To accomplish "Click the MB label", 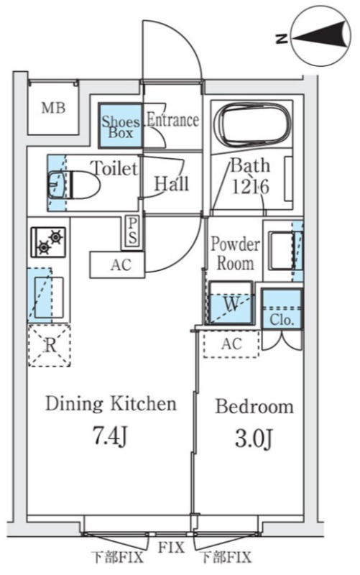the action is pyautogui.click(x=53, y=109).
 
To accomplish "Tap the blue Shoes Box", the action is pyautogui.click(x=120, y=126).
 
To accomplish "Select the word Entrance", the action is pyautogui.click(x=172, y=120).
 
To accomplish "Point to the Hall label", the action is pyautogui.click(x=171, y=183).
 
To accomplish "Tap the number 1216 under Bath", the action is pyautogui.click(x=250, y=186).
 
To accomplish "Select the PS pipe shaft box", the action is pyautogui.click(x=132, y=231).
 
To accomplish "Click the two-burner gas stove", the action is pyautogui.click(x=48, y=242).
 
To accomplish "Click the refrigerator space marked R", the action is pyautogui.click(x=50, y=346).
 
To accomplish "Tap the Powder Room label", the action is pyautogui.click(x=236, y=254).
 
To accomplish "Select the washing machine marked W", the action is pyautogui.click(x=231, y=303).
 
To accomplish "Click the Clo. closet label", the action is pyautogui.click(x=282, y=320).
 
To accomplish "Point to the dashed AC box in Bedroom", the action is pyautogui.click(x=231, y=344).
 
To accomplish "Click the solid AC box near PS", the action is pyautogui.click(x=117, y=264).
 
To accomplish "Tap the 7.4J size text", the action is pyautogui.click(x=111, y=436).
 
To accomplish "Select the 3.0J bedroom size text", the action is pyautogui.click(x=254, y=438).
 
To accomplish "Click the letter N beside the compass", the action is pyautogui.click(x=282, y=38).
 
